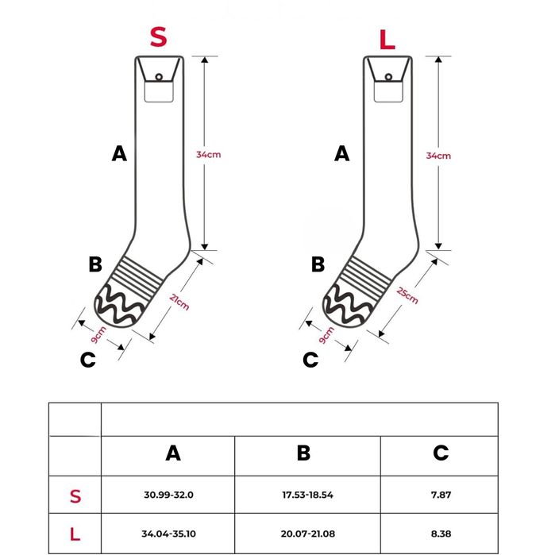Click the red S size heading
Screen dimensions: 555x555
pos(159,37)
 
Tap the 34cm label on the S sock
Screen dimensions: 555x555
pos(209,154)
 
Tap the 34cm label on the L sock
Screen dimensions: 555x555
pos(438,156)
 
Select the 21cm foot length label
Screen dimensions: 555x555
pos(179,301)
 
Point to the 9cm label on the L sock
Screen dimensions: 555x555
pos(324,334)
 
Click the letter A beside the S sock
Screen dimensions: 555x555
pos(119,154)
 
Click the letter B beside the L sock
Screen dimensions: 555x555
pos(318,264)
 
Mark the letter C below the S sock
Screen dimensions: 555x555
pos(88,360)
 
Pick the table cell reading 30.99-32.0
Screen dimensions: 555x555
pos(169,495)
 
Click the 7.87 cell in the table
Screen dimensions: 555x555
pos(441,495)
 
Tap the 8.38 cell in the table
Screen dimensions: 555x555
pos(441,533)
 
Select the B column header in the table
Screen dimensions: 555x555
pos(303,453)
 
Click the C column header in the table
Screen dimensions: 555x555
pos(441,453)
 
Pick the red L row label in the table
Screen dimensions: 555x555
pos(75,533)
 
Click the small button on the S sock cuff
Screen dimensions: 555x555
pos(158,77)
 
